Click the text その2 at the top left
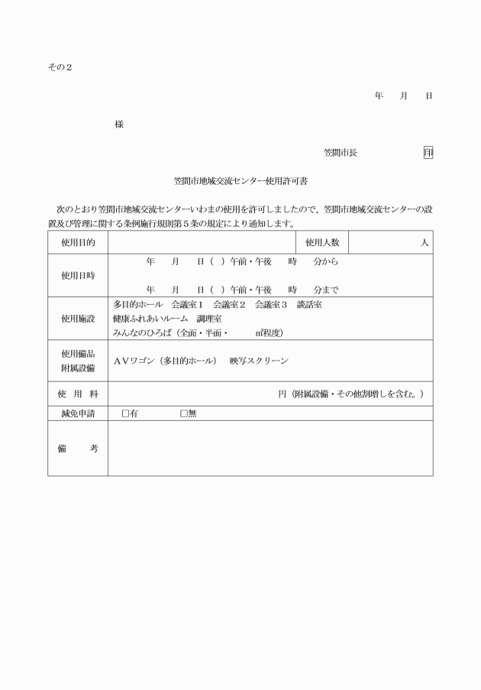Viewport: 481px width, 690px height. click(x=59, y=67)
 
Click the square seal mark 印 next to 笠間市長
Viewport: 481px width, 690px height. click(x=428, y=152)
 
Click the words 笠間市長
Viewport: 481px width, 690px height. click(x=340, y=153)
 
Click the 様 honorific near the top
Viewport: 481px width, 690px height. click(x=119, y=124)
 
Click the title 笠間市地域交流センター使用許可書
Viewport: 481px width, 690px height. click(x=240, y=182)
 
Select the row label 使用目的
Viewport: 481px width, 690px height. click(x=78, y=242)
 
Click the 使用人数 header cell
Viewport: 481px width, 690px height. click(x=322, y=242)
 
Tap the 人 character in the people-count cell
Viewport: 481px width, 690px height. click(x=425, y=243)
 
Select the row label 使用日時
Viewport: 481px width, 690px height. click(x=78, y=276)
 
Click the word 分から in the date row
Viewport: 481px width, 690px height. click(x=326, y=261)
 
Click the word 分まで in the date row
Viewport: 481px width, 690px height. click(x=326, y=290)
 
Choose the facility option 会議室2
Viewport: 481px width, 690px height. click(x=229, y=304)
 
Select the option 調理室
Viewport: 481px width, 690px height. click(x=208, y=318)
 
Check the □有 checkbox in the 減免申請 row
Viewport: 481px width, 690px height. click(x=125, y=413)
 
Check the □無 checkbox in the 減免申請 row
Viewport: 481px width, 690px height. click(x=184, y=413)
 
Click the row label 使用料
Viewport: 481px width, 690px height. click(x=78, y=394)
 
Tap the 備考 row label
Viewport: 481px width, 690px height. click(x=78, y=449)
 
